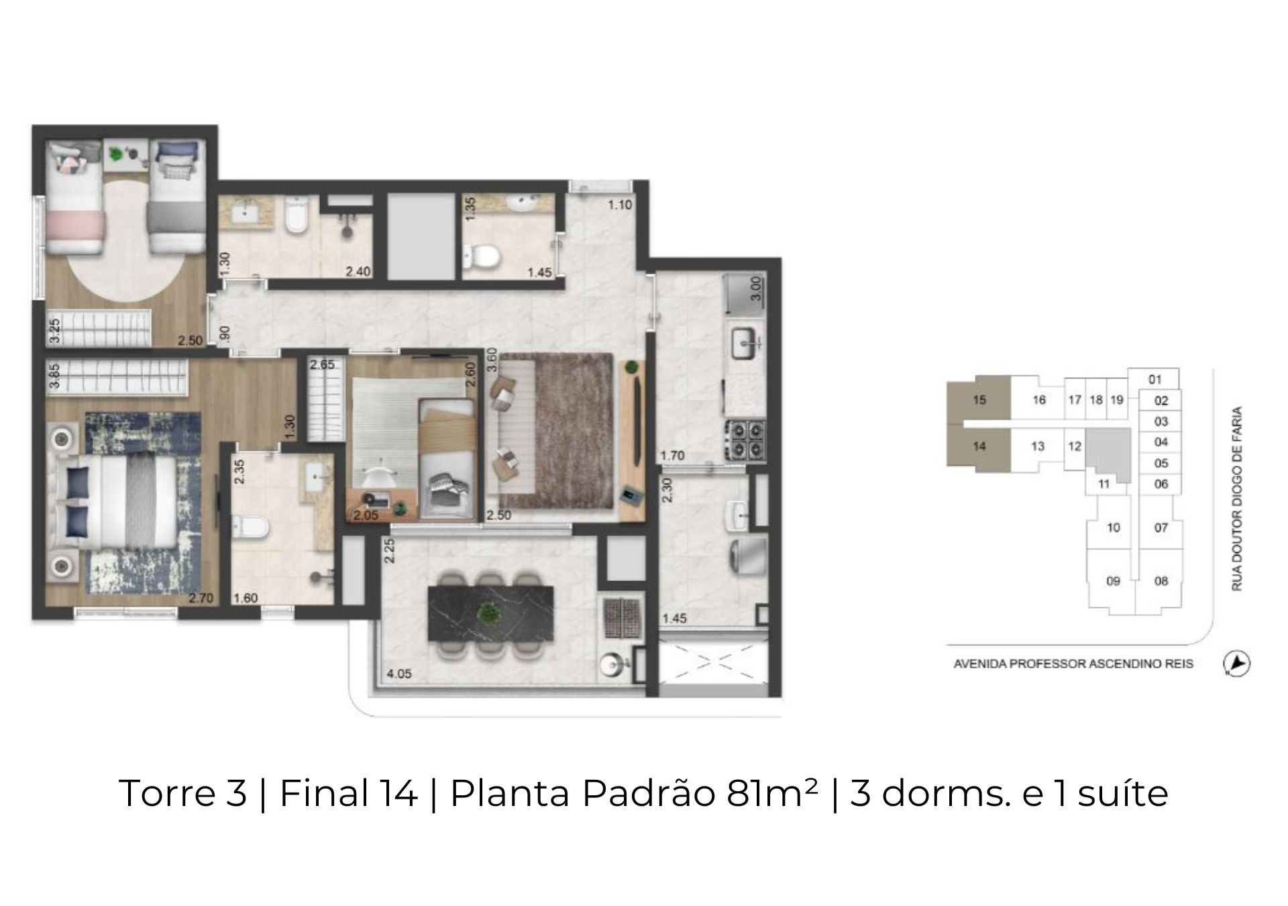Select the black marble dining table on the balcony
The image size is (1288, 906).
[x=491, y=613]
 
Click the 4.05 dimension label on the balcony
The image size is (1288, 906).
[x=399, y=673]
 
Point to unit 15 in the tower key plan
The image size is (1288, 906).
[x=979, y=400]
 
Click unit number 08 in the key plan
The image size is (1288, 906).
[x=1161, y=581]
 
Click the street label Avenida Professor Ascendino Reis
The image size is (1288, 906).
[x=1073, y=664]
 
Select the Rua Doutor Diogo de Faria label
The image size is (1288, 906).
[x=1237, y=498]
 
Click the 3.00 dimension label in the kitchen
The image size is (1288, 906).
[x=755, y=289]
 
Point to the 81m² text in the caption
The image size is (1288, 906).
[x=771, y=793]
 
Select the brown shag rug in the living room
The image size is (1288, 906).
[x=555, y=431]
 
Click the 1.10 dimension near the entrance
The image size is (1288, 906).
[x=620, y=205]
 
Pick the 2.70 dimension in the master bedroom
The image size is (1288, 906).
[x=201, y=598]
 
